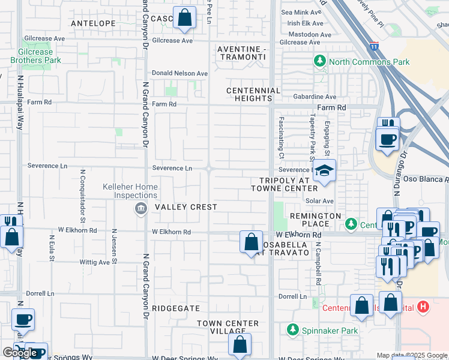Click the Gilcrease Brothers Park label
coord(35,56)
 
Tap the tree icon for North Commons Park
coord(319,62)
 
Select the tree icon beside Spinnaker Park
coord(292,330)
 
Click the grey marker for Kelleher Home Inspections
coord(140,209)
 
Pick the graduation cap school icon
coord(325,172)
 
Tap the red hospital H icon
coord(423,307)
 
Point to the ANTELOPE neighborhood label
coord(93,23)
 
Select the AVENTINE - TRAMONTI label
coord(241,52)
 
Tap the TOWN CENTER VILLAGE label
coord(228,328)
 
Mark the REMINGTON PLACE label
coord(315,220)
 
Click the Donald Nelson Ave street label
coord(180,73)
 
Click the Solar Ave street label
coord(319,200)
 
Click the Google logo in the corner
coord(19,353)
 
